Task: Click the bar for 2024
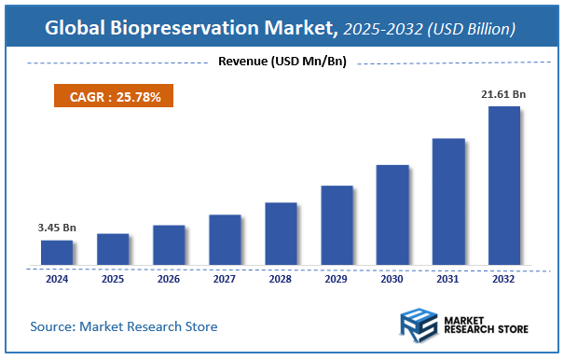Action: coord(57,253)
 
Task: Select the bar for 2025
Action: coord(113,249)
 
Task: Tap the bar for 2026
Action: coord(169,245)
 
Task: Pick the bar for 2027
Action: coord(225,240)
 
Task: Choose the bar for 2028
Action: coord(281,234)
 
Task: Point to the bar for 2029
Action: coord(337,226)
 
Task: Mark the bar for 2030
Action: coord(392,215)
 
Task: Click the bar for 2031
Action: coord(448,202)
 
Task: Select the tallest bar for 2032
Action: coord(504,186)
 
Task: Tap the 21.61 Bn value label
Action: coord(503,94)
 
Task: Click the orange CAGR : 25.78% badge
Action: coord(112,96)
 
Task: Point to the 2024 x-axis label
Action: coord(57,278)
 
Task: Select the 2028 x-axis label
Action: coord(281,278)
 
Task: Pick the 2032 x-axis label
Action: coord(504,278)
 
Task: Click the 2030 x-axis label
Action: coord(392,278)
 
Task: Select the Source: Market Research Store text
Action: coord(124,326)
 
